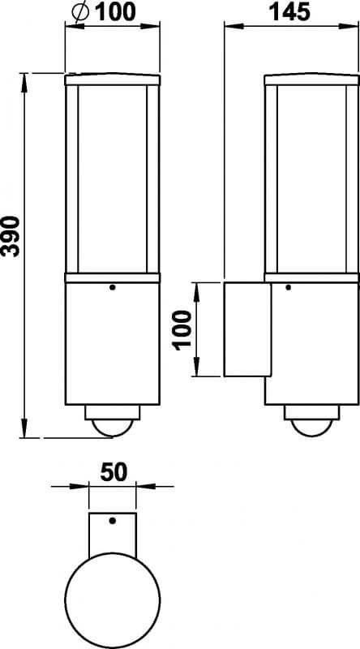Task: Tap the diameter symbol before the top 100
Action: (80, 13)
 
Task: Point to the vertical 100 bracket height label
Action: (183, 329)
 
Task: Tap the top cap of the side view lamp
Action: (311, 80)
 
